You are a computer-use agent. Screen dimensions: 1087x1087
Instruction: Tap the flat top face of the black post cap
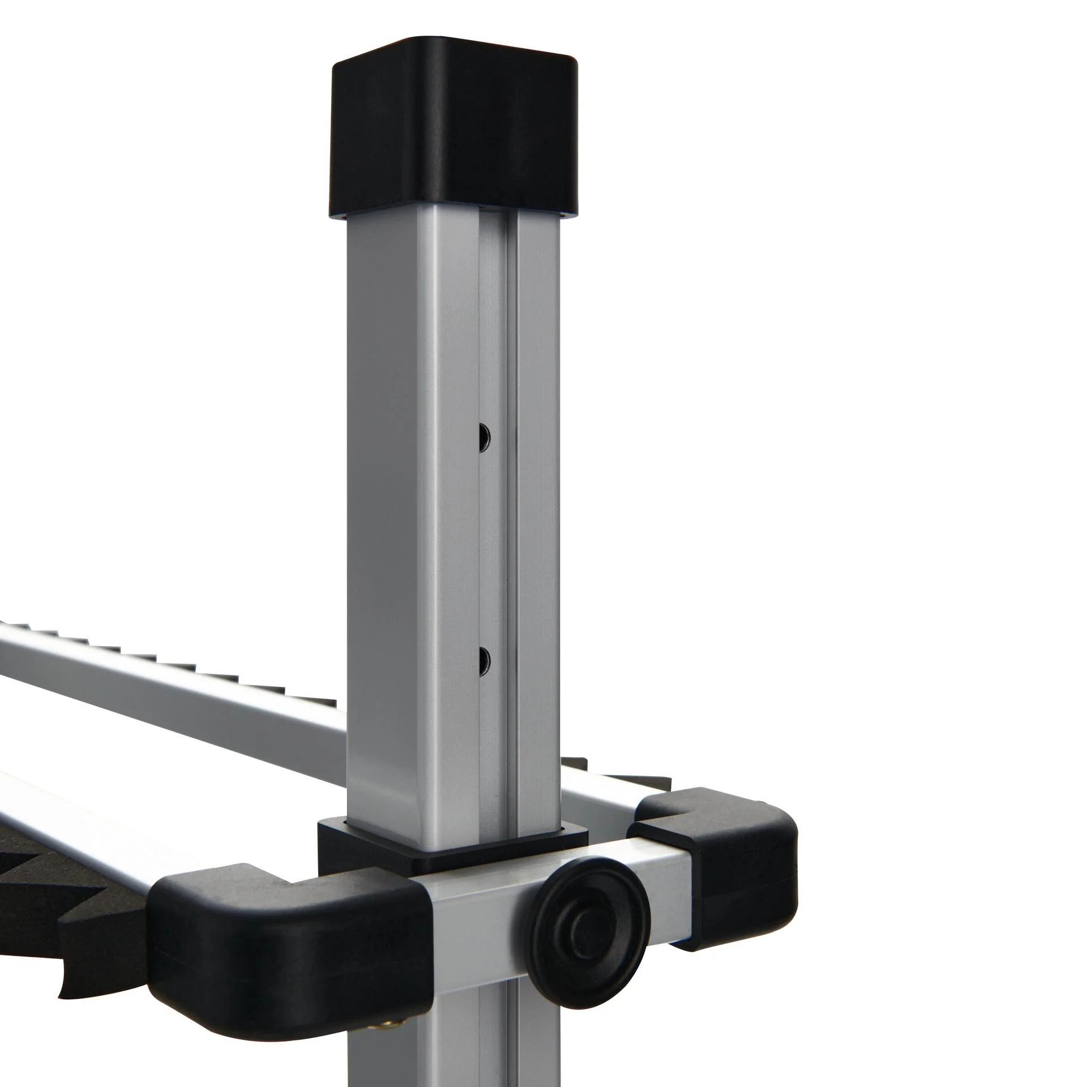[x=453, y=54]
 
